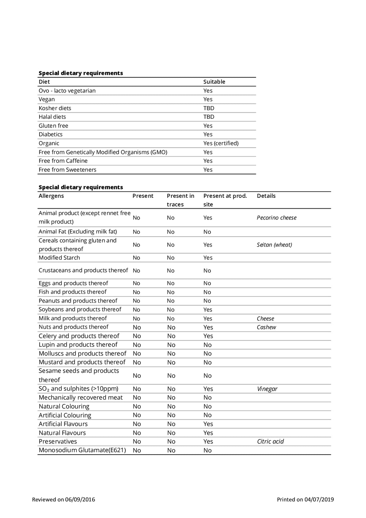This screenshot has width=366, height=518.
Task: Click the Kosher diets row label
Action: (55, 108)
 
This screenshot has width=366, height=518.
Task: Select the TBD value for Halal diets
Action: (209, 117)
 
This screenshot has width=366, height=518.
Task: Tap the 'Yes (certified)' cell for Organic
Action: (221, 143)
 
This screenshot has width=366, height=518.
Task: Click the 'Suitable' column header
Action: (214, 82)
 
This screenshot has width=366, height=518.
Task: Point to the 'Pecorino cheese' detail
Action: (277, 218)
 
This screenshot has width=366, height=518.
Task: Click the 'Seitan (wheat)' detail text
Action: (274, 245)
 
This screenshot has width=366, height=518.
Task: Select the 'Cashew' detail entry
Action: (266, 327)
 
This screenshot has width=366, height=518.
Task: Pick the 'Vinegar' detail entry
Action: (267, 389)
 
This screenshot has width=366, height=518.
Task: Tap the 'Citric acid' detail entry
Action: (270, 441)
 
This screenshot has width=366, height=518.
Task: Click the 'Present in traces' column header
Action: (181, 200)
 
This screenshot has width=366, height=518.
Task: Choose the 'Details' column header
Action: (266, 196)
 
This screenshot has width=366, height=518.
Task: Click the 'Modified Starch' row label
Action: (59, 258)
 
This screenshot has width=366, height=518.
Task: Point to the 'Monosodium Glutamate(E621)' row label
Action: (82, 450)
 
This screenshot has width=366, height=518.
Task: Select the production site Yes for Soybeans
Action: (208, 310)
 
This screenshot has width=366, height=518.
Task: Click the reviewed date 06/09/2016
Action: (80, 499)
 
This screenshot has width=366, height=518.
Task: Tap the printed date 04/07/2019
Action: (319, 499)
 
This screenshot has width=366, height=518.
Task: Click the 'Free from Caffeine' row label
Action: (63, 161)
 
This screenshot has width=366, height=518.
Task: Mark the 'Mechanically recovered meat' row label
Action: (81, 398)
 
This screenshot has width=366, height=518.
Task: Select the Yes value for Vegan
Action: (208, 99)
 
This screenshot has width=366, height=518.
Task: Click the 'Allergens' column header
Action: (51, 196)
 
